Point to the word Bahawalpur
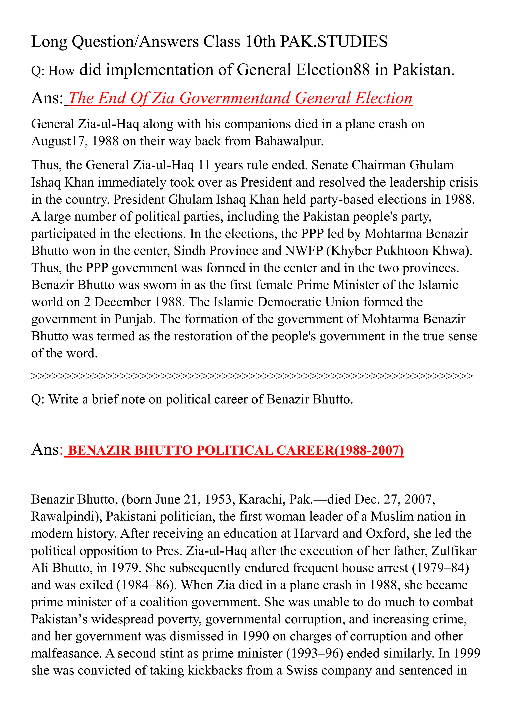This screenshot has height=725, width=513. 289,141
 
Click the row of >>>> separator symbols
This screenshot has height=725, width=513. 252,376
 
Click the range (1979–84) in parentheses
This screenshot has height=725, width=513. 440,568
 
